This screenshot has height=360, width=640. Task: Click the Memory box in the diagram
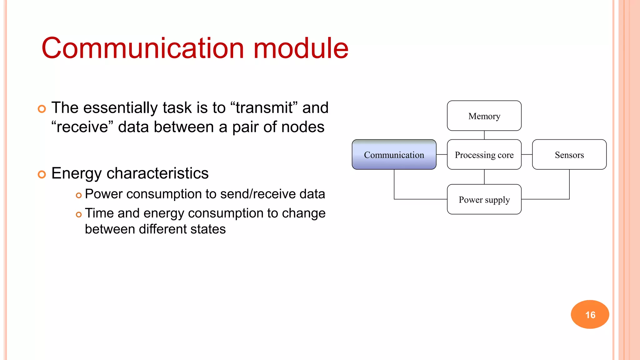(484, 116)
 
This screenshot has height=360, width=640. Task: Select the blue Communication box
(394, 155)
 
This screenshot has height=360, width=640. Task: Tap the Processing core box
(484, 155)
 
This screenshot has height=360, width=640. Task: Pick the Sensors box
(569, 155)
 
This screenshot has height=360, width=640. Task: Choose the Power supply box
(484, 199)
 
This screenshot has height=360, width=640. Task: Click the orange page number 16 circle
(590, 314)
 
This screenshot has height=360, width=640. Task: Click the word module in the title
(301, 48)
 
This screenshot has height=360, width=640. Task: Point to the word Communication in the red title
(142, 48)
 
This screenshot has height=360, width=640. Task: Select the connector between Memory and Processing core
(484, 135)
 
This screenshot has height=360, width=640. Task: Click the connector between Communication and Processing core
(442, 154)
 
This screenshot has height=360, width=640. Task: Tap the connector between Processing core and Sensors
(527, 154)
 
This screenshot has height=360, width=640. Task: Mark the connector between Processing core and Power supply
(484, 177)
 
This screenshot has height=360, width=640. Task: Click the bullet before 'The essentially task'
(42, 109)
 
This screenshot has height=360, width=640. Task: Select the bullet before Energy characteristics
(42, 174)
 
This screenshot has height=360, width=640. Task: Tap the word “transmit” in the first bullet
(264, 108)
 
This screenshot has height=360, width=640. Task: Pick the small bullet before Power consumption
(79, 195)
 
